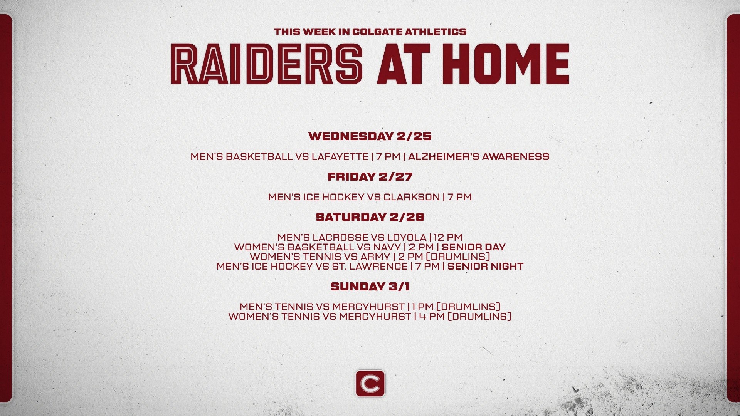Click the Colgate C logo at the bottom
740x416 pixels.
(370, 383)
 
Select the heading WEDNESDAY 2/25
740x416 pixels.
(370, 136)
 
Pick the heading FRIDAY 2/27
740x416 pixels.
(370, 176)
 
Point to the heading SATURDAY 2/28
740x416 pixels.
(370, 217)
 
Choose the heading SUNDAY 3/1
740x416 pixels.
(370, 286)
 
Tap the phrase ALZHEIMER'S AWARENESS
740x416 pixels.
(479, 156)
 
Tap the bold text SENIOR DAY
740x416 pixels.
(474, 247)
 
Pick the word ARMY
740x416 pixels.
(377, 257)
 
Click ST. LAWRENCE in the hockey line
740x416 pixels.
(370, 266)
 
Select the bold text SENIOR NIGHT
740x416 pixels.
(485, 266)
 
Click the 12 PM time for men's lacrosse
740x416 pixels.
(448, 237)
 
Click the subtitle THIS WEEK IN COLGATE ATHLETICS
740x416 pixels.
(370, 32)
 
